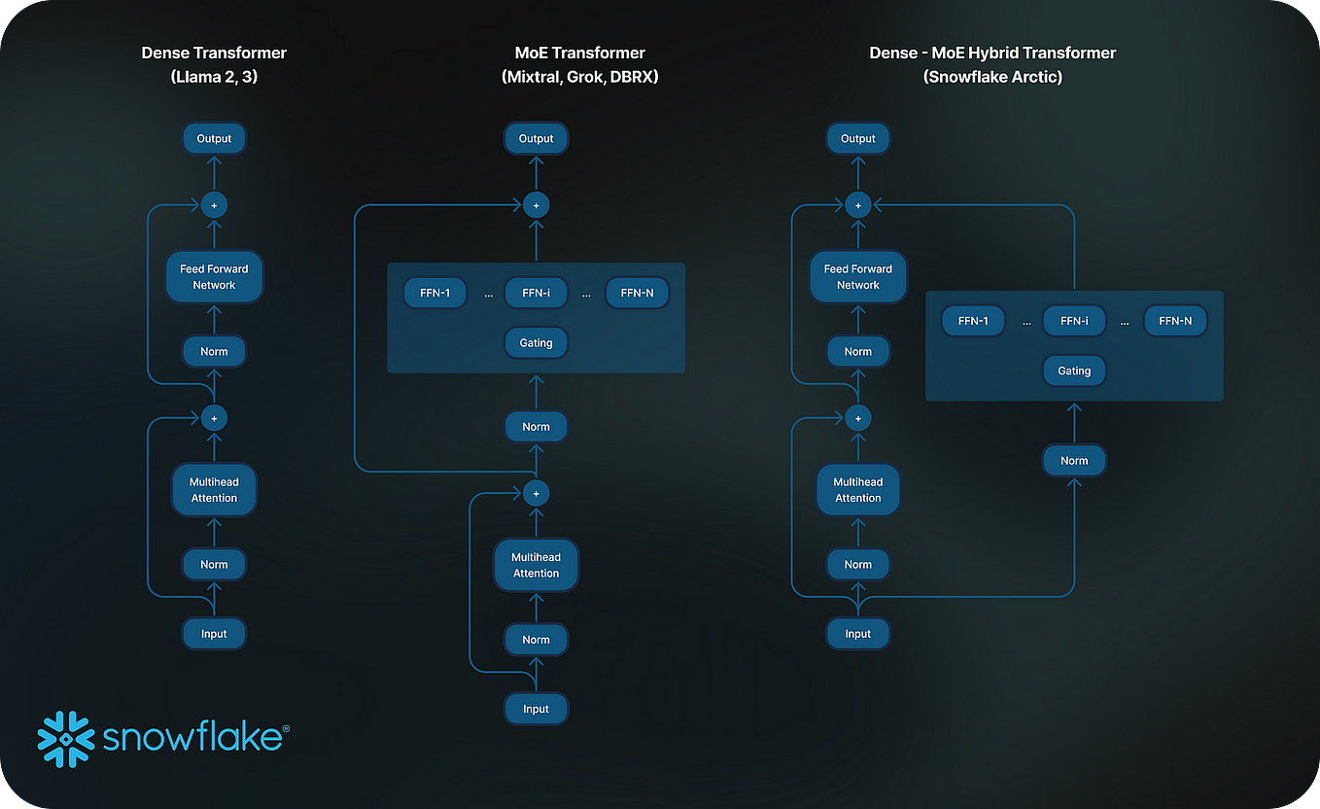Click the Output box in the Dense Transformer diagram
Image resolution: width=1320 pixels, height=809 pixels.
point(214,138)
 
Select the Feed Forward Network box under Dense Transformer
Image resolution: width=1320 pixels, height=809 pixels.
point(214,277)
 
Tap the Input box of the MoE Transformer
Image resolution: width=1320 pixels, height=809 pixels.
point(536,709)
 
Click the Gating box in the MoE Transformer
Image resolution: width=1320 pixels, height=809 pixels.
point(536,342)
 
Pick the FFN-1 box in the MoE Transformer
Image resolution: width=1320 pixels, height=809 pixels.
point(434,293)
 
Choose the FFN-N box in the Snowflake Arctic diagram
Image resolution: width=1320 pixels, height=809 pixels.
point(1175,320)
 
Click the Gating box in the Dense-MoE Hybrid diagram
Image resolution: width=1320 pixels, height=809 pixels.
point(1074,370)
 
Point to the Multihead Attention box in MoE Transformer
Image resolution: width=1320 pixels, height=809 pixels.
point(536,565)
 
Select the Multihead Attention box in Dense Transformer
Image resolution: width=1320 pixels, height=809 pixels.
point(214,490)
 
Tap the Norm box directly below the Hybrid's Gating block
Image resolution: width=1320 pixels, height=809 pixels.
point(1074,460)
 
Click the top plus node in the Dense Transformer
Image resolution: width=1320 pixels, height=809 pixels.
point(214,205)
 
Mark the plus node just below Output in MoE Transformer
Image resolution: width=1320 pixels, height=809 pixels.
point(536,205)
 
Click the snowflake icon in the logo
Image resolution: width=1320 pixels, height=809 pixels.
point(65,739)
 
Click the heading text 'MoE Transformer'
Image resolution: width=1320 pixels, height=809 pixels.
point(579,53)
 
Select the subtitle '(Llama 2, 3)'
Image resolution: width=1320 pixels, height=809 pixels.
point(214,77)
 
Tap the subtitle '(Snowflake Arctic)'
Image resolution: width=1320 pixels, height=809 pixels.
point(991,77)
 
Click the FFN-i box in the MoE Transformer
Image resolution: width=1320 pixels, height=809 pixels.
point(536,293)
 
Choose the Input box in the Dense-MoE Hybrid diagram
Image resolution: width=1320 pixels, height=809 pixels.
point(857,633)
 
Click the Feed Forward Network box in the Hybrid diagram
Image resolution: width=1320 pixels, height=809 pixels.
point(857,277)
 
